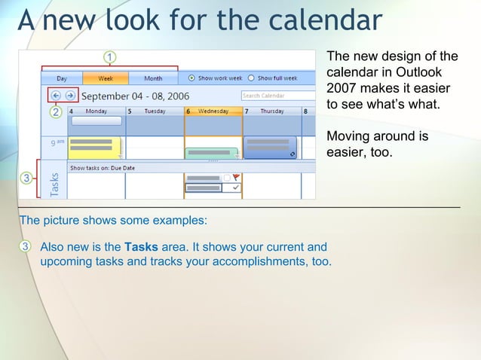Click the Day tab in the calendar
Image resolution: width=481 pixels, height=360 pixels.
click(x=61, y=78)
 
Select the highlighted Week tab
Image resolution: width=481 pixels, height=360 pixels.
click(x=106, y=78)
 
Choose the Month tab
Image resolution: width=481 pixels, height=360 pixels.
click(x=152, y=78)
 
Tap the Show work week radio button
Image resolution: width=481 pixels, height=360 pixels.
click(x=191, y=78)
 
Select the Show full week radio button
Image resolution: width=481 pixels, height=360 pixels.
click(x=251, y=78)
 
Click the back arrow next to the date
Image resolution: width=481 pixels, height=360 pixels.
click(x=56, y=96)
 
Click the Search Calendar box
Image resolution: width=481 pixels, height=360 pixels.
click(x=277, y=96)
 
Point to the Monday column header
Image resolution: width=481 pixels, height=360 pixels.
click(x=96, y=111)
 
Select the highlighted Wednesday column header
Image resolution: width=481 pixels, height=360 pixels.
click(x=213, y=111)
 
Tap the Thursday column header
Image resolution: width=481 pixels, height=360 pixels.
click(x=271, y=111)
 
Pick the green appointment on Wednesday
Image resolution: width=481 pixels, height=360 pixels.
click(x=211, y=154)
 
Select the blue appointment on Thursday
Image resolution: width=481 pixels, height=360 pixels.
click(x=270, y=147)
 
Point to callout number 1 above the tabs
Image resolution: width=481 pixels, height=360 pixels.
click(x=110, y=56)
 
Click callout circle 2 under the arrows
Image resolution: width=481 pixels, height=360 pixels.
click(x=56, y=112)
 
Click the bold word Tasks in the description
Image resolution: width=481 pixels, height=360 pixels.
click(x=140, y=247)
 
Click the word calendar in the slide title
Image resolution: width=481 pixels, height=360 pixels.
click(x=316, y=20)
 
